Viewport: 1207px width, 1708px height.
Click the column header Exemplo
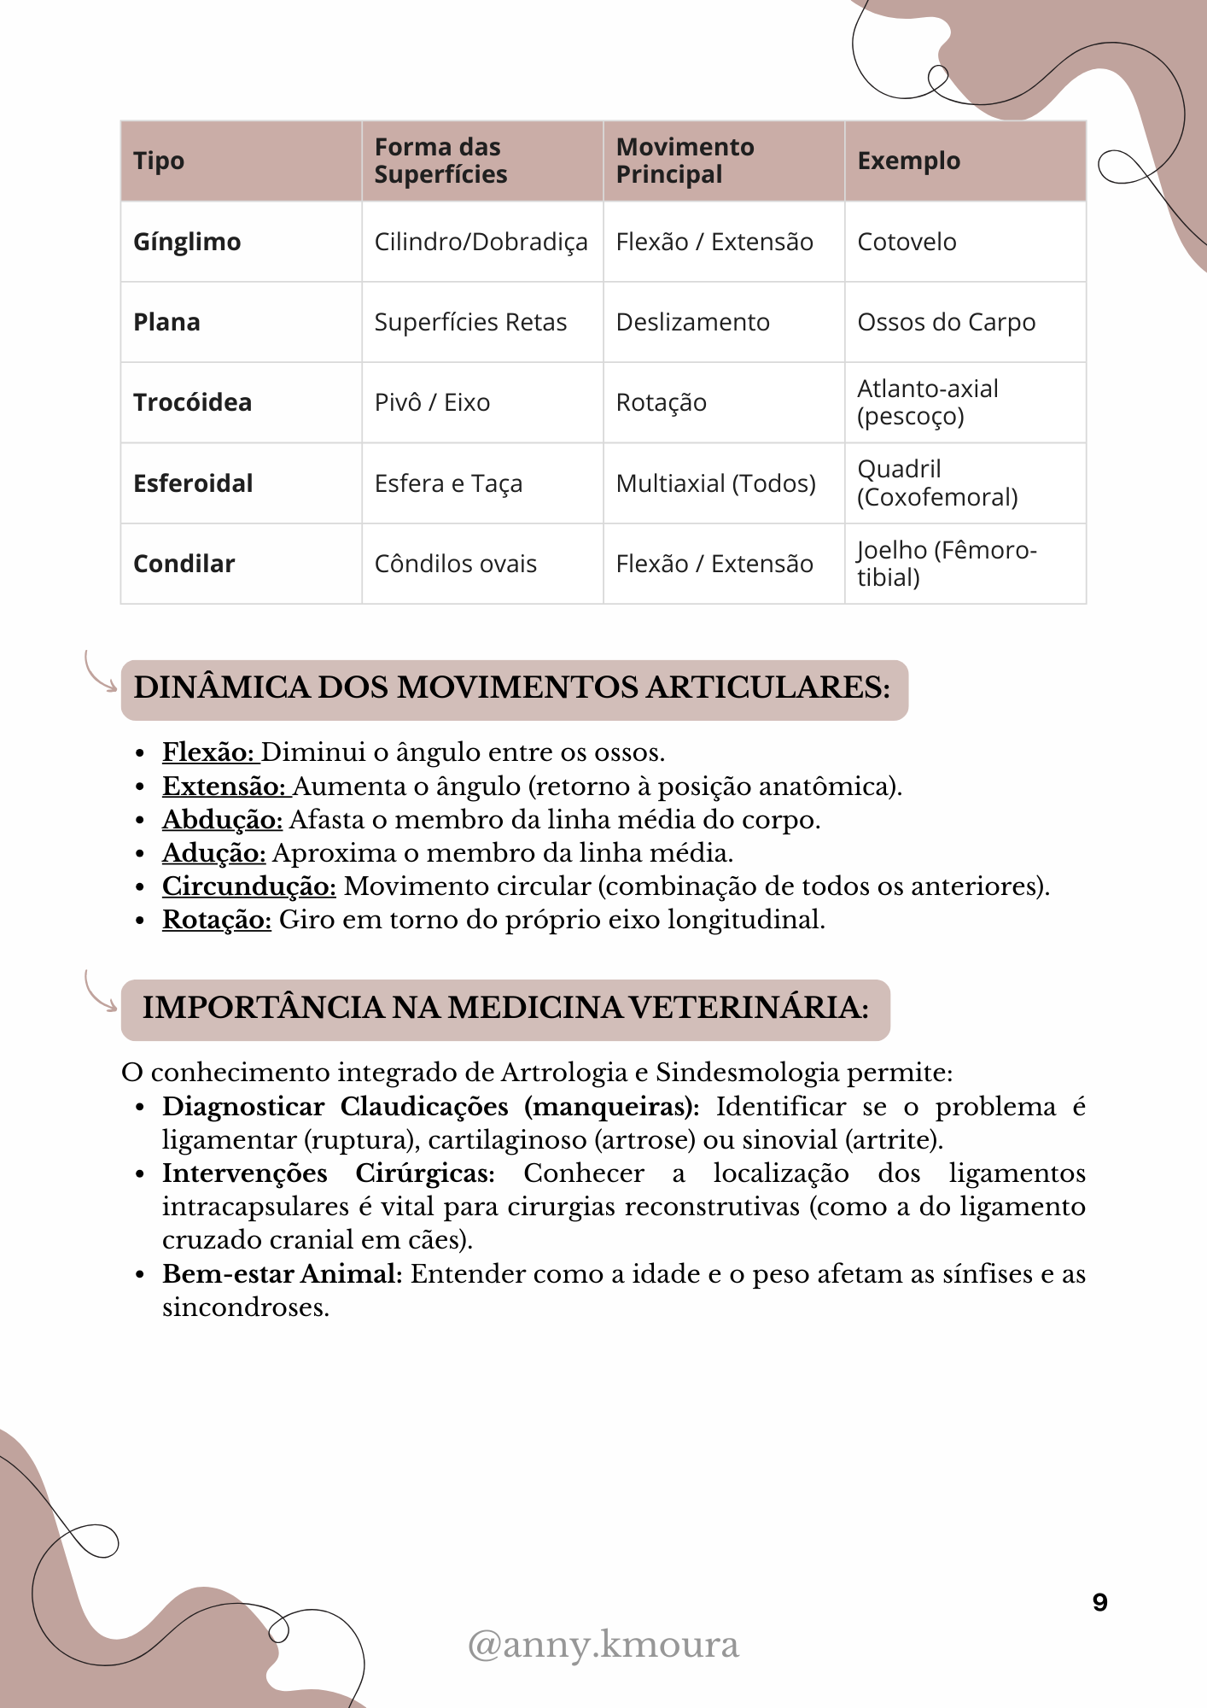pos(908,161)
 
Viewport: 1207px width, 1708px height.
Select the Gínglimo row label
pos(187,242)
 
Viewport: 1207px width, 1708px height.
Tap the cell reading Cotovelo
pos(907,242)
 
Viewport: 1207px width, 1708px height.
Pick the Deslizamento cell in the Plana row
pos(692,322)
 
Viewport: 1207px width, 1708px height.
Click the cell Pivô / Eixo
pos(432,402)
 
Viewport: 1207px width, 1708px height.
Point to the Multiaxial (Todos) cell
pos(715,483)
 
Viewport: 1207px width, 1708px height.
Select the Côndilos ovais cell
pos(455,564)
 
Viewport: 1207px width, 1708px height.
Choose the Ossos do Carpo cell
pos(946,322)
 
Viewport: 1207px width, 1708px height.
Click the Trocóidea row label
pos(192,402)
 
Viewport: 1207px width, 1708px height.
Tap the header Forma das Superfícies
pos(440,161)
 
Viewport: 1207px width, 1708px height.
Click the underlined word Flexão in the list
pos(208,752)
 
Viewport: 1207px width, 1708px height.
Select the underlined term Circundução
pos(248,886)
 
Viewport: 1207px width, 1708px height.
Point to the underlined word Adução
pos(213,853)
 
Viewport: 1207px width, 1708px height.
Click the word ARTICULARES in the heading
pos(767,687)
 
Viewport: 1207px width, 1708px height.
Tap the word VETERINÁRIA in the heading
pos(748,1008)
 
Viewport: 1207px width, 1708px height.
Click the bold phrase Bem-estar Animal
pos(282,1274)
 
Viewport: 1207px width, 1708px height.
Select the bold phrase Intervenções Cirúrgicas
pos(328,1173)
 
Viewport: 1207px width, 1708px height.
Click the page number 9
pos(1099,1602)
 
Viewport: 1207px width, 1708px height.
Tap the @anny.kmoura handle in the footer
pos(603,1645)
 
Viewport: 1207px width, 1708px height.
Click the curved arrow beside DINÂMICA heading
pos(99,673)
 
